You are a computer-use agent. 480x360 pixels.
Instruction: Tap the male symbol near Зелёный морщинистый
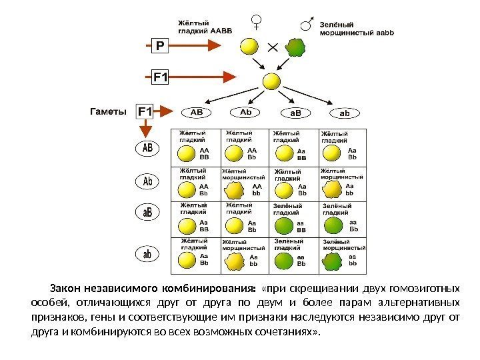pyautogui.click(x=307, y=25)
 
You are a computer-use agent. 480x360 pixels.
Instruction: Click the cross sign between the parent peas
pyautogui.click(x=272, y=47)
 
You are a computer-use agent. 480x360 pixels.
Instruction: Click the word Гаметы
pyautogui.click(x=107, y=111)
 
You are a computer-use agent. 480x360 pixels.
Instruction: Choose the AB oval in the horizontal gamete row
pyautogui.click(x=197, y=113)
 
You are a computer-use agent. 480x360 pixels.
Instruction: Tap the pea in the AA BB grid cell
pyautogui.click(x=186, y=155)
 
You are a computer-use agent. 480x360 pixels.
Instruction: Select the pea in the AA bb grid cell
pyautogui.click(x=235, y=191)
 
